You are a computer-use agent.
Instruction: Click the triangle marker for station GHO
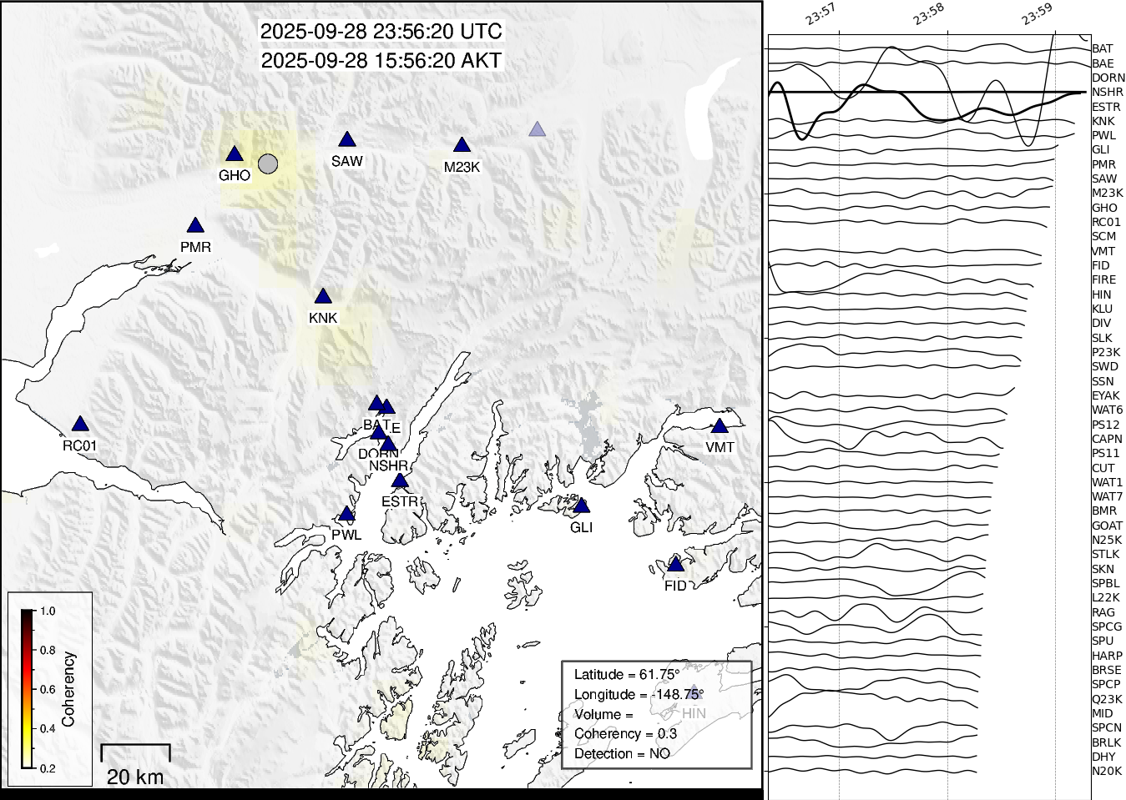point(234,154)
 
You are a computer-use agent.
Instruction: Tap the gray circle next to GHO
point(267,164)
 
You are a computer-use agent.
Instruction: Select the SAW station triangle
point(347,140)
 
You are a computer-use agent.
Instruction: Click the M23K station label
point(462,167)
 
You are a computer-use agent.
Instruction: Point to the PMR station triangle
point(195,226)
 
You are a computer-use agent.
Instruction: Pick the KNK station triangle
point(323,297)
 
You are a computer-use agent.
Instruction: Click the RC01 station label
point(79,445)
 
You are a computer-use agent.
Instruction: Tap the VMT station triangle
point(720,426)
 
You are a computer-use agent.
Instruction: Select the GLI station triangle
point(582,506)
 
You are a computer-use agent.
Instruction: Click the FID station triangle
point(675,565)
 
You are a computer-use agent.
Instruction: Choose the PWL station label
point(346,535)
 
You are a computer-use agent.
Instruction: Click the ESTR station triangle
point(400,481)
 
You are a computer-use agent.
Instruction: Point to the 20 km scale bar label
point(135,777)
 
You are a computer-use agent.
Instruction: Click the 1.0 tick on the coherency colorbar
point(47,611)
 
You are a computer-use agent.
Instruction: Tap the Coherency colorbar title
point(68,689)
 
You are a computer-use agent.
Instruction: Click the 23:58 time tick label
point(928,14)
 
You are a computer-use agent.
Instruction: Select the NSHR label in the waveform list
point(1107,92)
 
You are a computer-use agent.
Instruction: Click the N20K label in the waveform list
point(1107,772)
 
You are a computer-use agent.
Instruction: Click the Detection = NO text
point(622,754)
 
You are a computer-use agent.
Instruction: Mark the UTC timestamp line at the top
point(381,32)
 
